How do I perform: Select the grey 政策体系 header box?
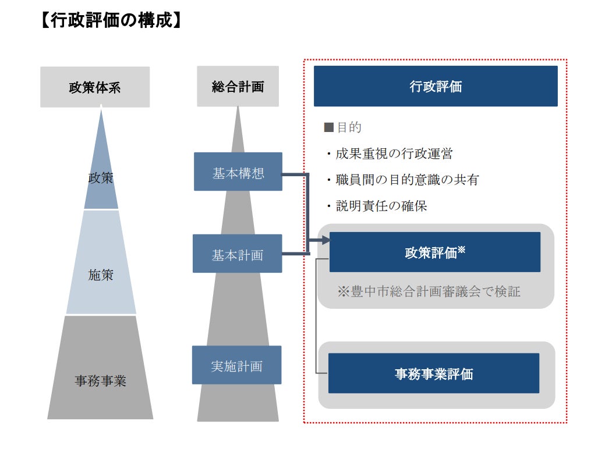tap(95, 87)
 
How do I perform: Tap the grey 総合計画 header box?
tap(238, 87)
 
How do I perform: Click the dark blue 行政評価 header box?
tap(436, 86)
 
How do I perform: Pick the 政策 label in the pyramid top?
tap(101, 178)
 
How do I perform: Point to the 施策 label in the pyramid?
tap(101, 275)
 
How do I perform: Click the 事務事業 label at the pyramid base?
tap(100, 381)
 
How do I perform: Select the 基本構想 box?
tap(238, 172)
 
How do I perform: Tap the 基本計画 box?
tap(237, 254)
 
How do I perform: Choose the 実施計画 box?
tap(236, 365)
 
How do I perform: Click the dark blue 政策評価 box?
tap(434, 252)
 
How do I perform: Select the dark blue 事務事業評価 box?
tap(434, 373)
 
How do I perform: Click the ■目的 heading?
tap(343, 127)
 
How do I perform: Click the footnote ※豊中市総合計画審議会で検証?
tap(429, 291)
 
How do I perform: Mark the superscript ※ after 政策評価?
tap(462, 249)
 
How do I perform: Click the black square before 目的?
tap(328, 127)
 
